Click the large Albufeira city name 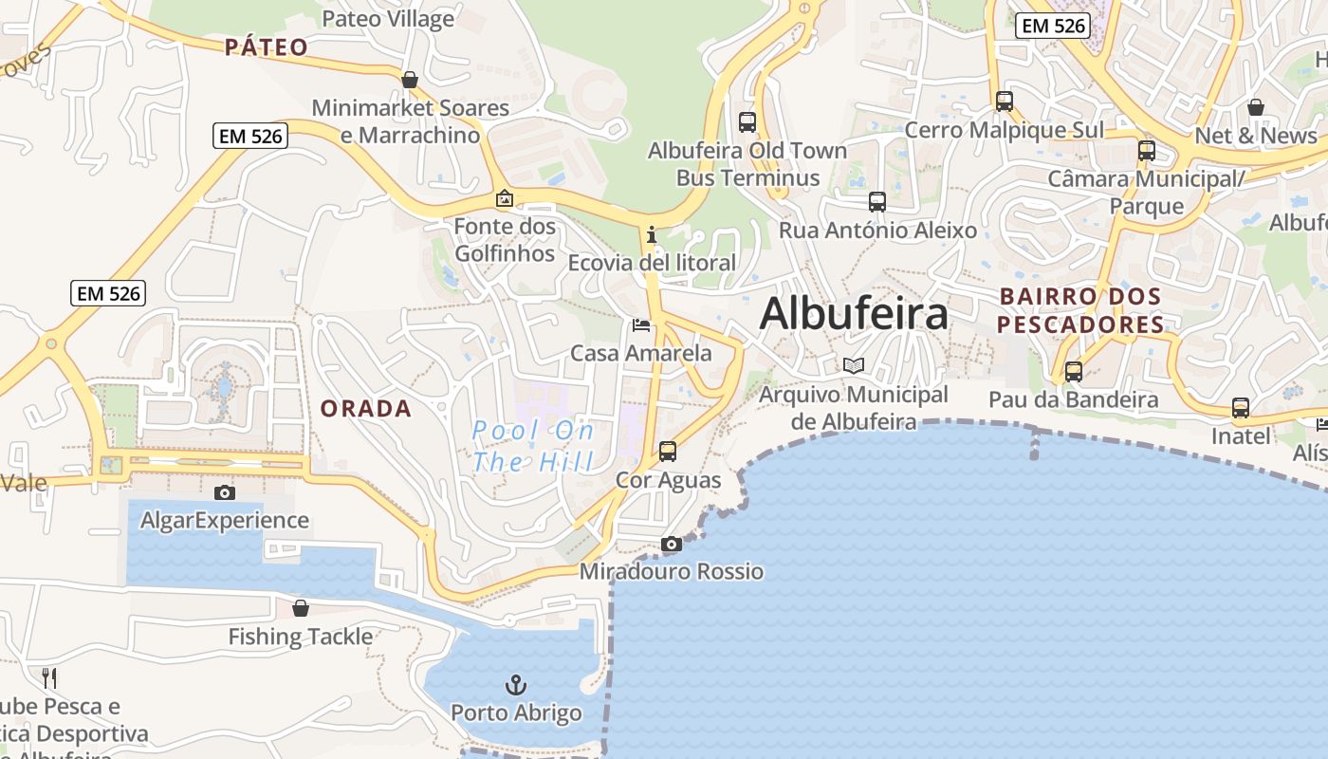coord(854,313)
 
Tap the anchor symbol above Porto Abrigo coord(515,684)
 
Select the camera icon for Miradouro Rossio coord(671,545)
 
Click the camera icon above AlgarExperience coord(225,492)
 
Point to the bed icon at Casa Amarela coord(641,326)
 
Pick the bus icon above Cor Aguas coord(668,452)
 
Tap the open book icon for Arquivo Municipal coord(854,365)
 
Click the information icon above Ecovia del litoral coord(651,234)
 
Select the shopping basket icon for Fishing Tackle coord(301,608)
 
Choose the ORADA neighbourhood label coord(366,409)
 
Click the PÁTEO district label coord(267,47)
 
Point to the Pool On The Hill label coord(533,446)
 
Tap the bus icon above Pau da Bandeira coord(1074,372)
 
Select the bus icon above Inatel coord(1241,409)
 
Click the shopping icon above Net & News coord(1256,107)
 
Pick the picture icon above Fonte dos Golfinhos coord(505,198)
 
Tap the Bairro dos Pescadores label coord(1081,310)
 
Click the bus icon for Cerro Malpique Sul coord(1005,102)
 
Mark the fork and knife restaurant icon coord(49,677)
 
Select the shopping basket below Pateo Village coord(410,80)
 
